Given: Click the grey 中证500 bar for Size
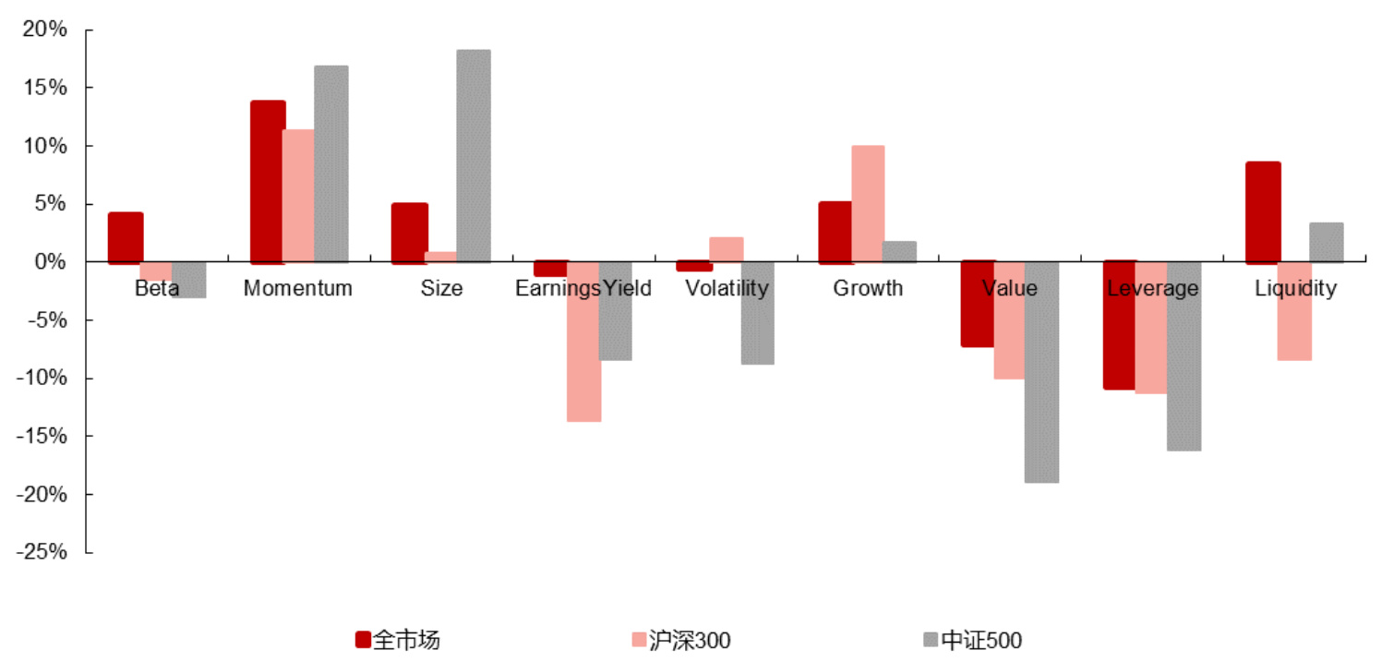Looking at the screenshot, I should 474,156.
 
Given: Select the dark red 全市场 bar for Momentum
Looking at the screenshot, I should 268,182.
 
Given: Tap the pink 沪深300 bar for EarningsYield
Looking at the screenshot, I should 583,342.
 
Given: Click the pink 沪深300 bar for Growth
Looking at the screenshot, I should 868,204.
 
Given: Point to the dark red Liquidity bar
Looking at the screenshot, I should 1263,212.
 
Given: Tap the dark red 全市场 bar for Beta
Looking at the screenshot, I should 126,238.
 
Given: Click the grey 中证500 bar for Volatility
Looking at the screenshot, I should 757,314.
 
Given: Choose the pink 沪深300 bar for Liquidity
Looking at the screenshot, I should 1294,311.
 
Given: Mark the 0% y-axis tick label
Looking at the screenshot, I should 51,262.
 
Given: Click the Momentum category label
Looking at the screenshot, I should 298,288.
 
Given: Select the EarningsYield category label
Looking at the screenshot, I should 583,288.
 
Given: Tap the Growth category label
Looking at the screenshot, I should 868,288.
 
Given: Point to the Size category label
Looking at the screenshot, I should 441,288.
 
